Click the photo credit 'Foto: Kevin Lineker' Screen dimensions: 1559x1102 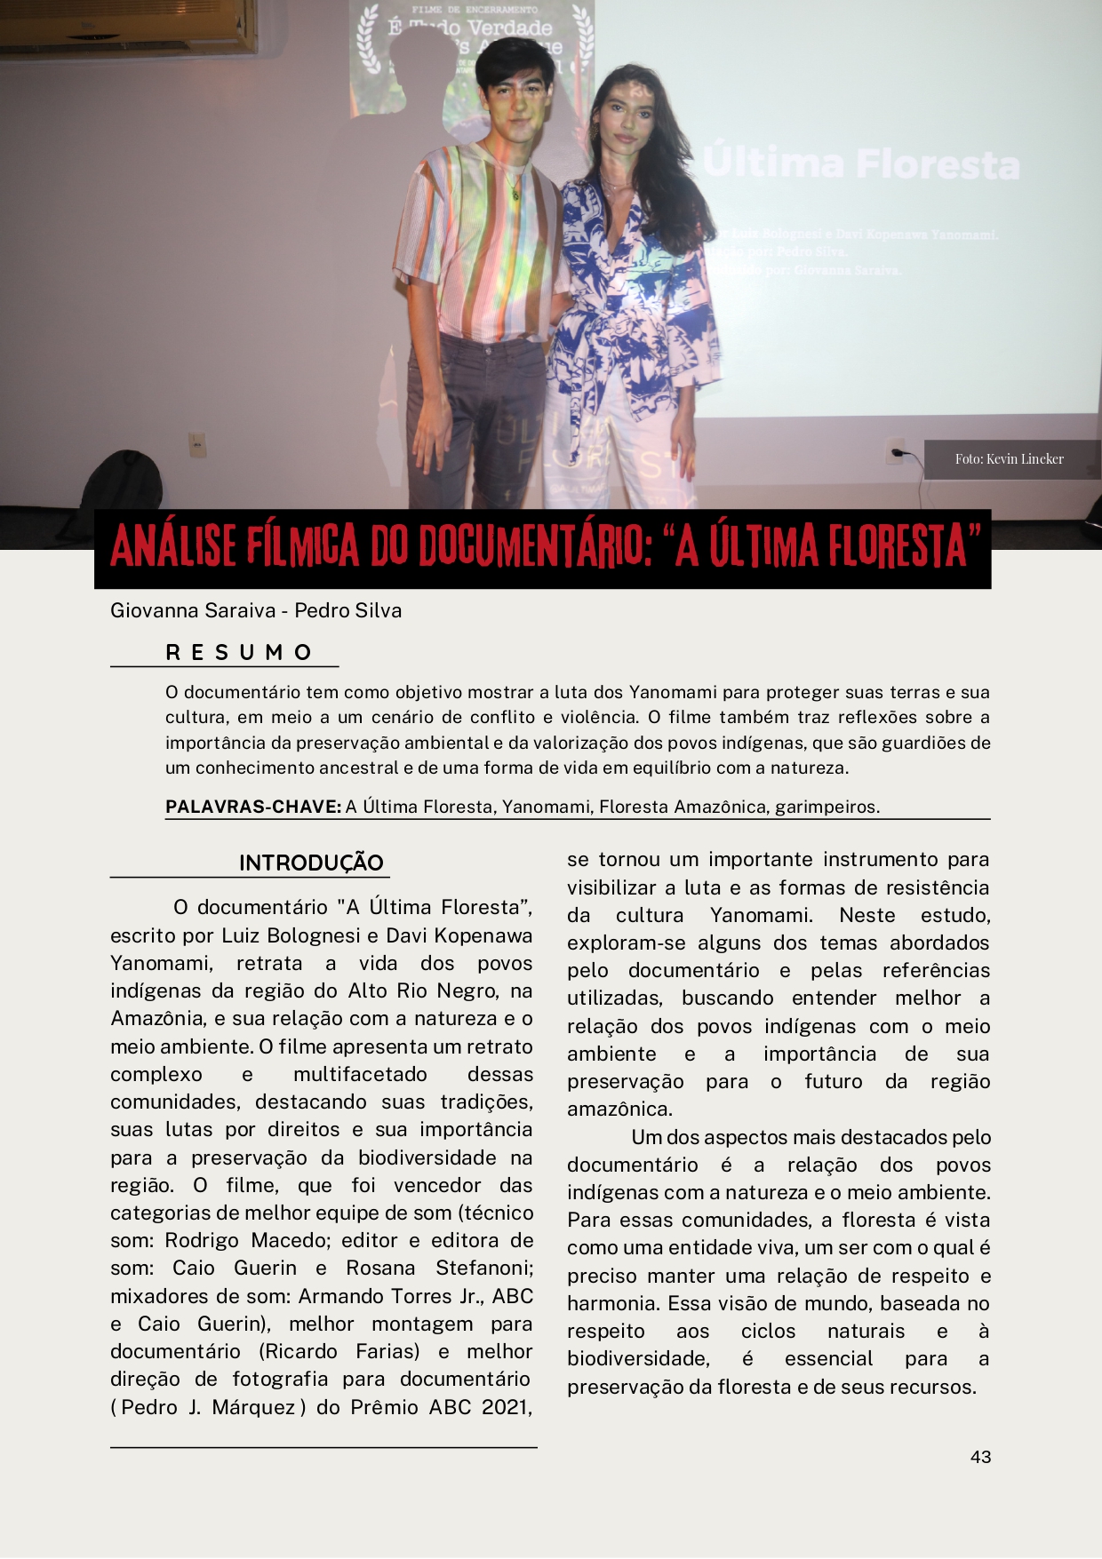[x=1009, y=459]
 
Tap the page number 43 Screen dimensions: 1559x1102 [x=980, y=1457]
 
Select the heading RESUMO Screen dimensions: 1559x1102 [x=239, y=653]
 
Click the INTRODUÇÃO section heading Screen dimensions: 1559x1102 [x=311, y=863]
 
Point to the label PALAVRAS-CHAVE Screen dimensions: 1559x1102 [x=253, y=807]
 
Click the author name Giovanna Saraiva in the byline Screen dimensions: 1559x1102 [x=192, y=610]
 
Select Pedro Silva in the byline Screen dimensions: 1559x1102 [x=347, y=610]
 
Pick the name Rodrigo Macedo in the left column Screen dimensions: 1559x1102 [x=247, y=1240]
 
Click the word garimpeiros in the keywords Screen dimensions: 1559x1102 [x=826, y=807]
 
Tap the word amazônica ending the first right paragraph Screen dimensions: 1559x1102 [x=619, y=1109]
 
